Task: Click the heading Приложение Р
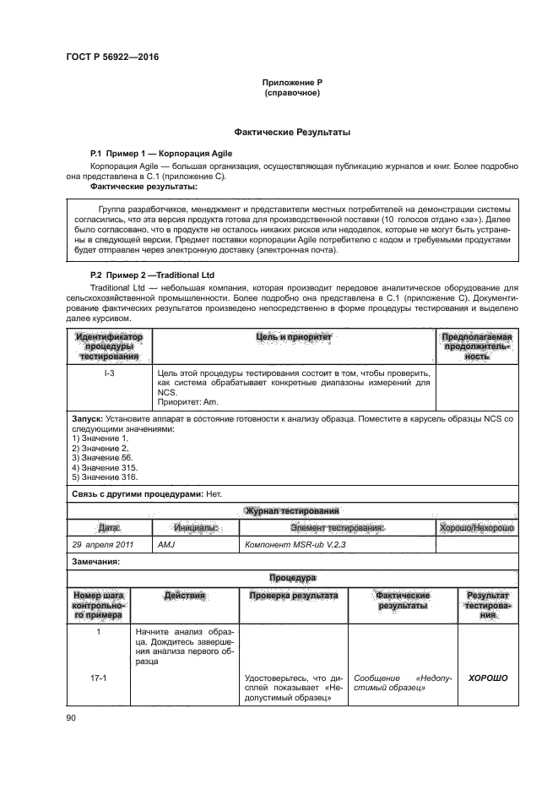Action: click(x=291, y=82)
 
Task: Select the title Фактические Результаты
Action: click(x=291, y=133)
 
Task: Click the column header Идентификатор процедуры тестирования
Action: click(x=109, y=346)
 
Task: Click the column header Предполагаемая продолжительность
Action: click(x=478, y=346)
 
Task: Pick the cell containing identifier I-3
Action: click(x=109, y=373)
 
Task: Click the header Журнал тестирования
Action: click(x=291, y=510)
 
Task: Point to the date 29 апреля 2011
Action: click(x=106, y=544)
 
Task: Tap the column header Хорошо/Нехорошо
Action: click(x=478, y=527)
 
